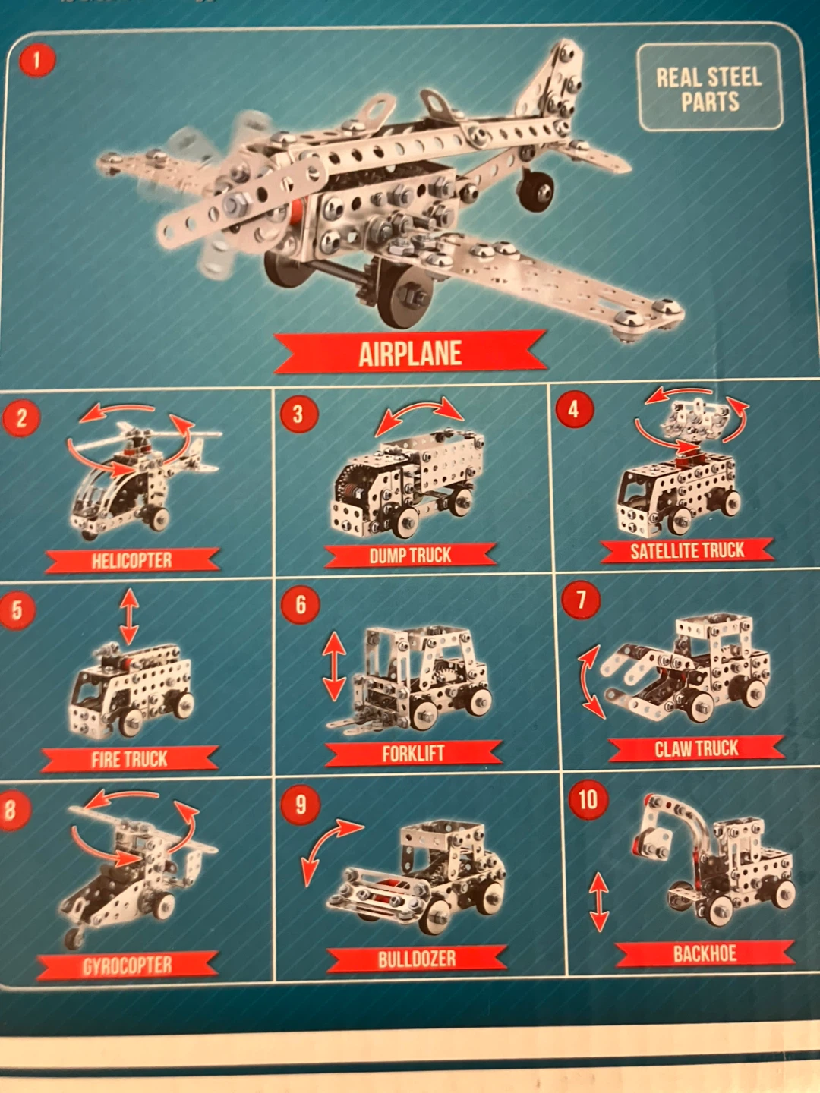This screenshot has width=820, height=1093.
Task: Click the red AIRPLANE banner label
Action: click(410, 352)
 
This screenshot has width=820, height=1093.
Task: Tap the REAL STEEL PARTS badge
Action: click(709, 87)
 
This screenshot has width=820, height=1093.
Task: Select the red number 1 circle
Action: click(37, 61)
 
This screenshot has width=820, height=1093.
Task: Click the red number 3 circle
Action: click(298, 414)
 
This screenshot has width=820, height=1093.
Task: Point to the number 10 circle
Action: click(588, 799)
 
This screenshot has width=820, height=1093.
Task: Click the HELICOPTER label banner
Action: click(132, 560)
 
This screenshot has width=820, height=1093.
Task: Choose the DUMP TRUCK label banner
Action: click(410, 555)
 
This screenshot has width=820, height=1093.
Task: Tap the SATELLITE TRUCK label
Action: click(687, 551)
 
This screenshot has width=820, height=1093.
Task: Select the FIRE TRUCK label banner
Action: click(129, 759)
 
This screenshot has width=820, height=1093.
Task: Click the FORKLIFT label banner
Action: click(413, 754)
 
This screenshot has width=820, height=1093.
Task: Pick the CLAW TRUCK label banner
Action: click(696, 748)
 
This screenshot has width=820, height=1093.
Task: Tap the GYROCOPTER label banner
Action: click(128, 965)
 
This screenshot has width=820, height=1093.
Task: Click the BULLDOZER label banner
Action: click(417, 959)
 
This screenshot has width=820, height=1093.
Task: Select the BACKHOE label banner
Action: click(705, 953)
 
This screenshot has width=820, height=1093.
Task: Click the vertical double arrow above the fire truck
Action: click(129, 617)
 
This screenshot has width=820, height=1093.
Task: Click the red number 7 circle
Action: click(581, 600)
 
